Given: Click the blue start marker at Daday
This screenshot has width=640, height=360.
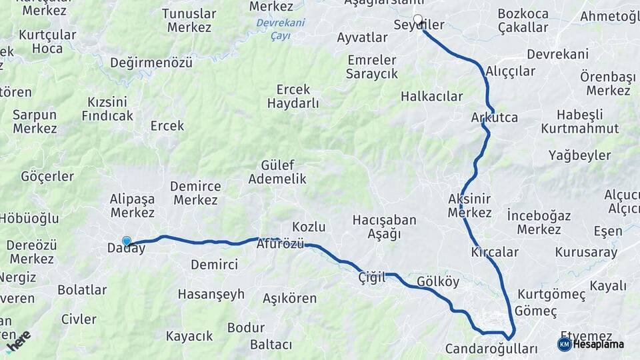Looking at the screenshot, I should click(x=127, y=241).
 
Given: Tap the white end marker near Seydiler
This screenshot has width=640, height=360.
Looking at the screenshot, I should click(x=418, y=19).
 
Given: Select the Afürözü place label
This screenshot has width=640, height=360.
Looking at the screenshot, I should click(x=280, y=244).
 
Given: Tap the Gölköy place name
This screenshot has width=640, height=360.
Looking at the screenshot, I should click(x=438, y=281).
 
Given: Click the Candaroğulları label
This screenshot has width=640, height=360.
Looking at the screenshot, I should click(x=491, y=349).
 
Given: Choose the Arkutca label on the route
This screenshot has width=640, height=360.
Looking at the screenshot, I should click(x=494, y=117).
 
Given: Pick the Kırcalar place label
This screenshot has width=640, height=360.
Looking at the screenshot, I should click(x=495, y=252).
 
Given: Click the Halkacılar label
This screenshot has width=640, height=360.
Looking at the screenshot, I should click(x=431, y=96).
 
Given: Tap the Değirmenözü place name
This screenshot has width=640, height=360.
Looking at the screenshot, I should click(x=151, y=63).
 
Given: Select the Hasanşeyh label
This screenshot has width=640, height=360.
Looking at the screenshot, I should click(x=211, y=294).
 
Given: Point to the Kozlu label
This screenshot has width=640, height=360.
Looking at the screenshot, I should click(x=309, y=226).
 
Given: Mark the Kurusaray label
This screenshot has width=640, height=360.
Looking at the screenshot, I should click(x=586, y=253).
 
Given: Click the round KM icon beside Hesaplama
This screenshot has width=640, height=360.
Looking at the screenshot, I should click(x=564, y=344).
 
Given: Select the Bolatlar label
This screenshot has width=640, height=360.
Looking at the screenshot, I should click(x=82, y=290).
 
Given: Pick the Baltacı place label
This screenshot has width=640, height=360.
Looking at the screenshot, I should click(x=271, y=345).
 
